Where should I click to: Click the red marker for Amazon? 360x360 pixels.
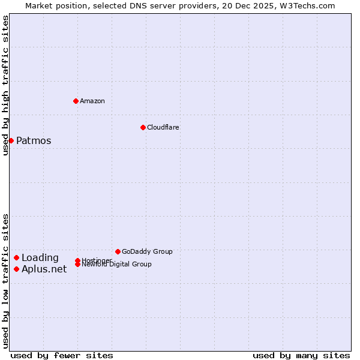[x=76, y=101]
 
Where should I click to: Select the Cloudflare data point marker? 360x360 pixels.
[x=143, y=127]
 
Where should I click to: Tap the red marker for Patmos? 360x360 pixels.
[x=11, y=140]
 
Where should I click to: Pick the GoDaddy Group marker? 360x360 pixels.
[x=118, y=251]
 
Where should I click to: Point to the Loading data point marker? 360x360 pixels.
[x=16, y=257]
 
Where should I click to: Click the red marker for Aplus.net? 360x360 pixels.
[x=16, y=269]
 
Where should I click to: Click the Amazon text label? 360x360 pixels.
[x=92, y=101]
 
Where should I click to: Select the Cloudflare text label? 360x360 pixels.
[x=163, y=127]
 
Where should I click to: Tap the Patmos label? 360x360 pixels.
[x=34, y=141]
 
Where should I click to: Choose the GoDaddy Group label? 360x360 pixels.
[x=147, y=251]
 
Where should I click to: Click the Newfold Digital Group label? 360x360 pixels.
[x=116, y=265]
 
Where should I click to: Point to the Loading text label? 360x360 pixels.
[x=40, y=258]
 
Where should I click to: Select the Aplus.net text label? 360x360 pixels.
[x=44, y=269]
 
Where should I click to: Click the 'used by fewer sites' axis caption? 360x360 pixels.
[x=62, y=355]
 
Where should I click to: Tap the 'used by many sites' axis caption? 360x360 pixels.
[x=301, y=355]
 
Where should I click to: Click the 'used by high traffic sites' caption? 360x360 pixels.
[x=6, y=85]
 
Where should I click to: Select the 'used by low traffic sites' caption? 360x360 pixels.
[x=6, y=281]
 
